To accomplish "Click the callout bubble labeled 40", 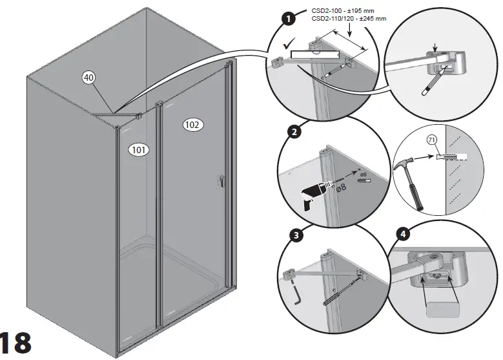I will coord(89,78).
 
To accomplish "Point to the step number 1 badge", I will coord(289,19).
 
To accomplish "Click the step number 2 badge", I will coord(294,133).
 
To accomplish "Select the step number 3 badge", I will coord(296,235).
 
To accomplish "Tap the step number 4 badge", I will coord(404,234).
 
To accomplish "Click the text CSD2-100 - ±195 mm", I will coord(352,11).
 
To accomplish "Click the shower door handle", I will coord(221,182).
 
